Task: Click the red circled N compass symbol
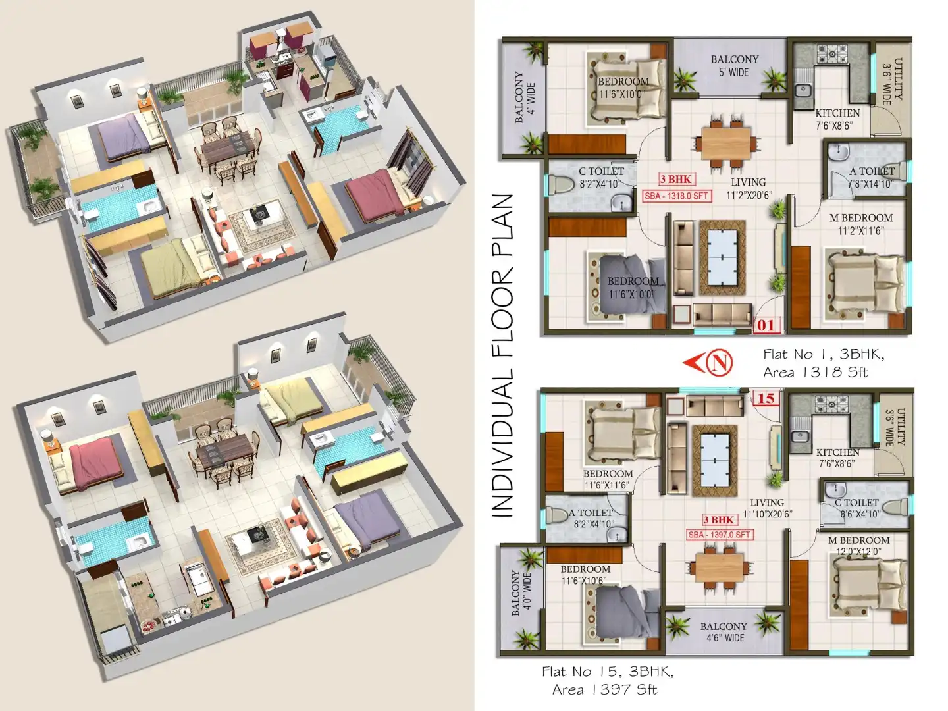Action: (x=718, y=362)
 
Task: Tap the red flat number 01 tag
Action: (x=765, y=325)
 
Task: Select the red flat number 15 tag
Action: (x=765, y=398)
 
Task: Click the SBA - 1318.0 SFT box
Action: (x=676, y=196)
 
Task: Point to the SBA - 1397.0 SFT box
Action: (x=719, y=535)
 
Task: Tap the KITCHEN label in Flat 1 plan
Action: (x=837, y=113)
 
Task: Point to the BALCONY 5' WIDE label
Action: (x=734, y=65)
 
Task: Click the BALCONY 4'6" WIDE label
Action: (x=724, y=632)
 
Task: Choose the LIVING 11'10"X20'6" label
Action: (x=767, y=508)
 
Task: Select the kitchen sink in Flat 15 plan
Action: (x=801, y=435)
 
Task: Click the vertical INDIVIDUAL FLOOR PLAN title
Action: (x=502, y=355)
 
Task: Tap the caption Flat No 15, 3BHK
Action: (x=607, y=671)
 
